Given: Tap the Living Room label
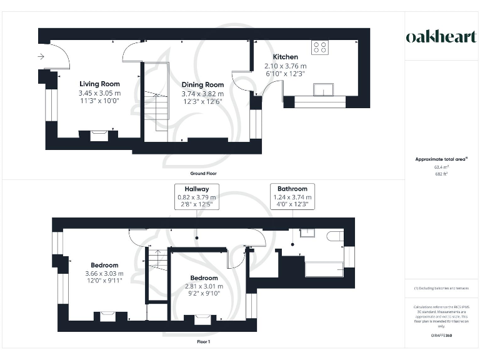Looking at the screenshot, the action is point(99,84).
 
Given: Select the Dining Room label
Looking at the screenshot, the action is point(202,84).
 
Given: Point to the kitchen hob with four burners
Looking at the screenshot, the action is point(320,47).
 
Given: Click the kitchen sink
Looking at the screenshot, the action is point(323,89).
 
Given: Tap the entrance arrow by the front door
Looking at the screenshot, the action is point(41,57).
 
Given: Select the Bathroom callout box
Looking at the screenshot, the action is point(292,196).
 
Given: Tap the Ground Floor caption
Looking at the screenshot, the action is point(203,173).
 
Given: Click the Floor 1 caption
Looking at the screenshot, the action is point(203,342).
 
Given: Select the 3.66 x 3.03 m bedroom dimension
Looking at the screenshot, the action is point(104,273).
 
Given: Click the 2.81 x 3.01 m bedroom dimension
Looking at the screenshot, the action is point(204,286).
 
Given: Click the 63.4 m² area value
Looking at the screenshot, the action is point(441,167).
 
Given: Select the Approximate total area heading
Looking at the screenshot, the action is point(441,159).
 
